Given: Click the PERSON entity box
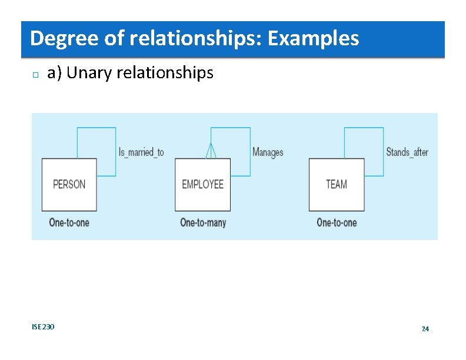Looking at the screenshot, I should click(x=69, y=184).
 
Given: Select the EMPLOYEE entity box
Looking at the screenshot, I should click(x=202, y=184).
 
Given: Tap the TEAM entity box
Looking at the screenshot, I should click(x=337, y=184).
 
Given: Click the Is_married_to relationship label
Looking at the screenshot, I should click(x=141, y=152).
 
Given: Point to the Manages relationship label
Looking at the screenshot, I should click(x=268, y=152).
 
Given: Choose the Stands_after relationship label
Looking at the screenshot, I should click(x=407, y=152).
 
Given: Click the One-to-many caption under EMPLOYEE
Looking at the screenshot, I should click(x=203, y=222).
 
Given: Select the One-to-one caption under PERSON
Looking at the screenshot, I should click(x=69, y=222).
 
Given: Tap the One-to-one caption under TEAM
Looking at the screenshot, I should click(x=337, y=222).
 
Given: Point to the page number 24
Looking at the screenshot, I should click(x=425, y=329).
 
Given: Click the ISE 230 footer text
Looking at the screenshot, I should click(x=43, y=326).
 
